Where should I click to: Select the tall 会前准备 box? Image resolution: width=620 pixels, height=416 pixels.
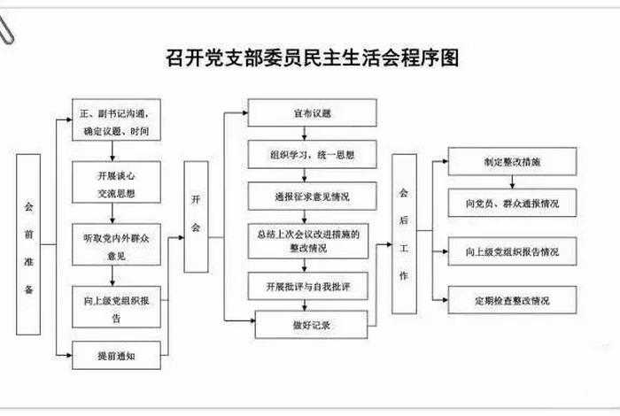28,244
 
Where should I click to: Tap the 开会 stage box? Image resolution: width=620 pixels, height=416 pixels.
196,216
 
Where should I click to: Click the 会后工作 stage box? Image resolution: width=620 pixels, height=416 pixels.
404,234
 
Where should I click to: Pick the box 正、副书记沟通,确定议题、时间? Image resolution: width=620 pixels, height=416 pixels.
115,123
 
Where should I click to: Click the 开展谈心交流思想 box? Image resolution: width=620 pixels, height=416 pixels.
115,180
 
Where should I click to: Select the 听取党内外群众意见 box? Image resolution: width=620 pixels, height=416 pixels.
115,242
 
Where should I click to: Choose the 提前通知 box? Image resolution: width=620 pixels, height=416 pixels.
115,355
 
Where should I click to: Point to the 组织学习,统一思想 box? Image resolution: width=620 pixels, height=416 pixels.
311,153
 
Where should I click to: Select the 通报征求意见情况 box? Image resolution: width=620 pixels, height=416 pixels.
311,195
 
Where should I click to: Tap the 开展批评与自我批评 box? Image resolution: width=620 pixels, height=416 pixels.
311,287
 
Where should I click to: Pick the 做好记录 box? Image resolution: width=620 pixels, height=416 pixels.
311,325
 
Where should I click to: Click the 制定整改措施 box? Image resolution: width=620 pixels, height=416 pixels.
512,161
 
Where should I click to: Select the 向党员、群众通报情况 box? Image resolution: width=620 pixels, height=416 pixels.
512,203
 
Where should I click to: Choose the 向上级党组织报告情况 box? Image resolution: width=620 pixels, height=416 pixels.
512,251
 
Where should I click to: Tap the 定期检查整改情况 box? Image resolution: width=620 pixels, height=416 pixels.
512,300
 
